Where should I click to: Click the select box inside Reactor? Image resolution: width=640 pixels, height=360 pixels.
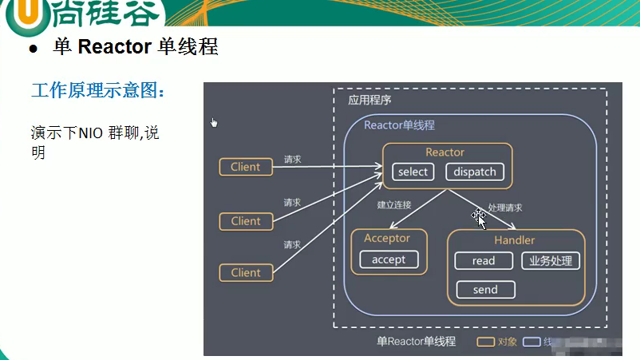[x=413, y=172]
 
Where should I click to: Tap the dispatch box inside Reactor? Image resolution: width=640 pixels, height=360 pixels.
[x=475, y=172]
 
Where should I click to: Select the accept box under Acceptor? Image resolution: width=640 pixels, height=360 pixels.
[x=389, y=259]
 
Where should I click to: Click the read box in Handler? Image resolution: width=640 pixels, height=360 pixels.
[x=484, y=261]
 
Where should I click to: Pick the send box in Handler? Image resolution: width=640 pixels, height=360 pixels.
[x=485, y=290]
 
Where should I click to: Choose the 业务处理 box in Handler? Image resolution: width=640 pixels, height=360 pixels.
[x=551, y=261]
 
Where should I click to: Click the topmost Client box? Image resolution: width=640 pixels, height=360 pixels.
[x=245, y=167]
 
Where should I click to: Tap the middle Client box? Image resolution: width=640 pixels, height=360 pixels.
[x=245, y=221]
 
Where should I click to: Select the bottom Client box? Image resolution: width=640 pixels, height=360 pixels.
[x=245, y=272]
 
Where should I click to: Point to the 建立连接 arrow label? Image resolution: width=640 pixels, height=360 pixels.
[x=394, y=205]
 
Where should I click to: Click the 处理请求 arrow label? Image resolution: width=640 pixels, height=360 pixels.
[x=505, y=208]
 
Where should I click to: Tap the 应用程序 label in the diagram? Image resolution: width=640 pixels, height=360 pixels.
[x=369, y=101]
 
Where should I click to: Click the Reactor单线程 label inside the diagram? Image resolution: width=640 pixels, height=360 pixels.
[x=399, y=125]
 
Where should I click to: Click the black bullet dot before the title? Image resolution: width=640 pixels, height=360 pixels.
[x=34, y=49]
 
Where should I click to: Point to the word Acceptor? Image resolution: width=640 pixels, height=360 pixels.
[x=387, y=238]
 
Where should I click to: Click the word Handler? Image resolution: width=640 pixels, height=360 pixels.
[x=515, y=239]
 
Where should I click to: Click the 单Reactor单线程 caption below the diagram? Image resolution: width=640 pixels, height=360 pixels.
[x=416, y=342]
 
